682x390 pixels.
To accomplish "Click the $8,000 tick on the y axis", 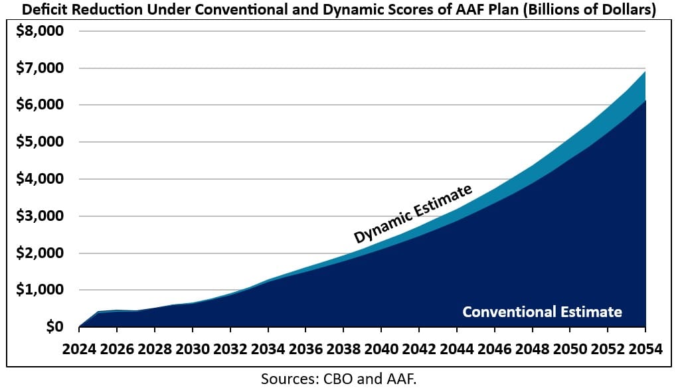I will coord(42,31).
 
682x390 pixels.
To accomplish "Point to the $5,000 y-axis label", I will coord(42,142).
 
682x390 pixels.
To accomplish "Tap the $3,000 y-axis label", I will coord(42,216).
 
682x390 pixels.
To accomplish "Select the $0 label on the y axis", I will coord(54,327).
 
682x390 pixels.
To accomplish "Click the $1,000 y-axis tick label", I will coord(42,290).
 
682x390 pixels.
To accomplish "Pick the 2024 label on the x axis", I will coord(79,349).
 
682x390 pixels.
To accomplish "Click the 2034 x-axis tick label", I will coord(268,349).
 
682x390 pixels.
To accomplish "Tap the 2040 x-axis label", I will coord(381,349).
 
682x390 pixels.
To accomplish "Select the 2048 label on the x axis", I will coord(532,349).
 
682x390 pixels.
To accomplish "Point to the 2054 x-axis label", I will coord(645,349).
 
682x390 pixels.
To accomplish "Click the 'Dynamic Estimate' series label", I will coord(412,214).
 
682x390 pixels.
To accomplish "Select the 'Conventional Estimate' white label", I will coord(542,312).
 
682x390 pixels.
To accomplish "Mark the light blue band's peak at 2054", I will coord(645,72).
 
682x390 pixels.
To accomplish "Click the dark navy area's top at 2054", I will coord(645,101).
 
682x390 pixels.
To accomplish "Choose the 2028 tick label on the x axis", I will coord(155,349).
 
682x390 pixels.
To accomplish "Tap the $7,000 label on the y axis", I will coord(42,68).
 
